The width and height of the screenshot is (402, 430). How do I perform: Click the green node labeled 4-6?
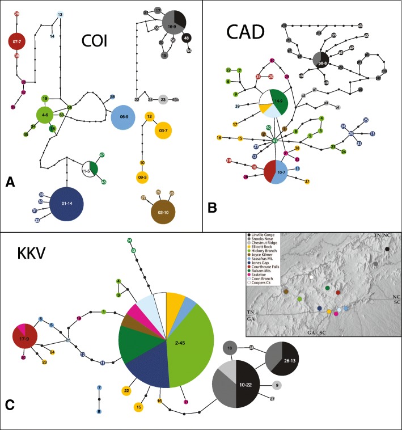[x=46, y=115]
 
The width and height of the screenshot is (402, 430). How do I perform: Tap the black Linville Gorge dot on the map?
[x=387, y=249]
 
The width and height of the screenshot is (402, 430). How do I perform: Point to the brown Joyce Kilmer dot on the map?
[x=286, y=292]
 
